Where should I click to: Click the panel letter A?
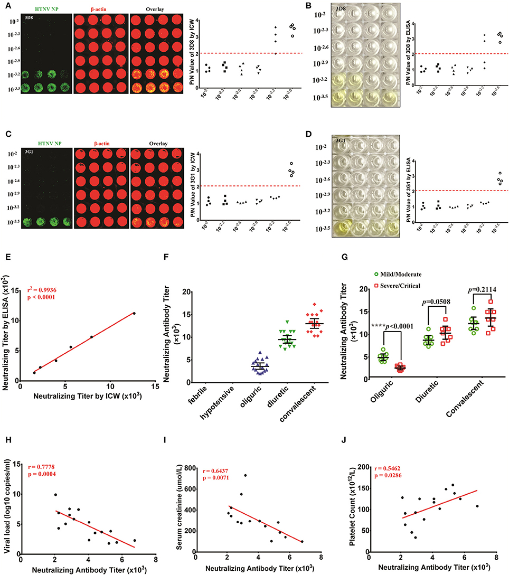click(4, 4)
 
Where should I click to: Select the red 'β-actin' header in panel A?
click(98, 10)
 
